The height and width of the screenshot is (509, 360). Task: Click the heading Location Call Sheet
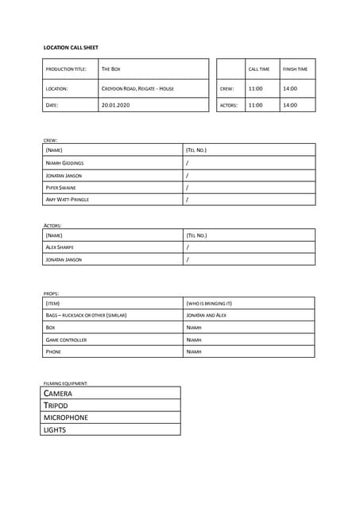click(x=71, y=48)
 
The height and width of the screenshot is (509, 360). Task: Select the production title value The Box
click(x=111, y=69)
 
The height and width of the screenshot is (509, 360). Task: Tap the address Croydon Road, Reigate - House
click(x=137, y=88)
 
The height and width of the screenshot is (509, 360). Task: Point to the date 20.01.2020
click(x=115, y=105)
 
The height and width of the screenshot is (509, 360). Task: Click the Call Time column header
click(x=259, y=69)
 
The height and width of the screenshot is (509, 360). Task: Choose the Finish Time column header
click(x=295, y=69)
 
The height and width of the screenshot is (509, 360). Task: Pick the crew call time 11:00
click(x=256, y=88)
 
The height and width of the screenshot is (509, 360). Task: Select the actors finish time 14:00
click(x=290, y=105)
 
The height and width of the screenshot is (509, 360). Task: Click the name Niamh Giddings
click(x=64, y=163)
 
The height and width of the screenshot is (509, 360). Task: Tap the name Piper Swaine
click(x=61, y=188)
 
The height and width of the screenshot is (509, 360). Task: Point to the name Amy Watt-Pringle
click(x=68, y=200)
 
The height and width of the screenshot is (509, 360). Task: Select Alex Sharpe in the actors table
click(x=60, y=247)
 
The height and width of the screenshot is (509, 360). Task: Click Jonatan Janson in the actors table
click(x=64, y=259)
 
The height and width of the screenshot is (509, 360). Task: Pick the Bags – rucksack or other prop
click(x=86, y=315)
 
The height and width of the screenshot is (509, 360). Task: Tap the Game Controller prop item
click(x=66, y=340)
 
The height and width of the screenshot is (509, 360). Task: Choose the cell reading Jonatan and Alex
click(x=207, y=315)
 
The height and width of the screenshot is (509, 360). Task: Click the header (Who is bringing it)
click(x=209, y=303)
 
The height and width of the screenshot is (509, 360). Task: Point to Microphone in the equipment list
click(x=66, y=418)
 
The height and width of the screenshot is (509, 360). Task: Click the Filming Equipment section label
click(x=65, y=383)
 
